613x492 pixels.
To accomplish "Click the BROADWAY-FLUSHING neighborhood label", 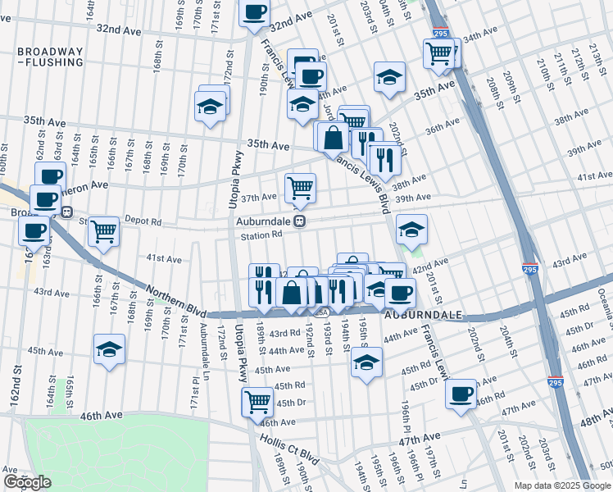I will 50,57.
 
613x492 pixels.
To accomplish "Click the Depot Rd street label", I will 144,221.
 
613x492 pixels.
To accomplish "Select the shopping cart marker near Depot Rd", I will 104,231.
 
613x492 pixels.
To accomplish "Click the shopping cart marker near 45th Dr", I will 257,401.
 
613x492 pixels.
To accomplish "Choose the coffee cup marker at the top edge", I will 254,11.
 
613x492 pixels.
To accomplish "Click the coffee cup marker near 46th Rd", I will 461,394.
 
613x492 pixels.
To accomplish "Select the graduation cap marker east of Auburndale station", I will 411,229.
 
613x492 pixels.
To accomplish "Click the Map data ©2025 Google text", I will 561,485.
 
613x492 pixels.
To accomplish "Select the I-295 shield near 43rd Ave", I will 530,268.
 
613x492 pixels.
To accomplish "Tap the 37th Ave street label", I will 257,198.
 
